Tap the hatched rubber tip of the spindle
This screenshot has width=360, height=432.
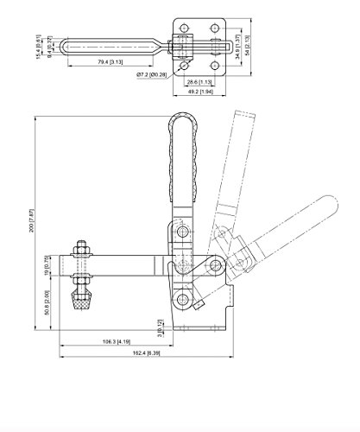[x=83, y=302]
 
